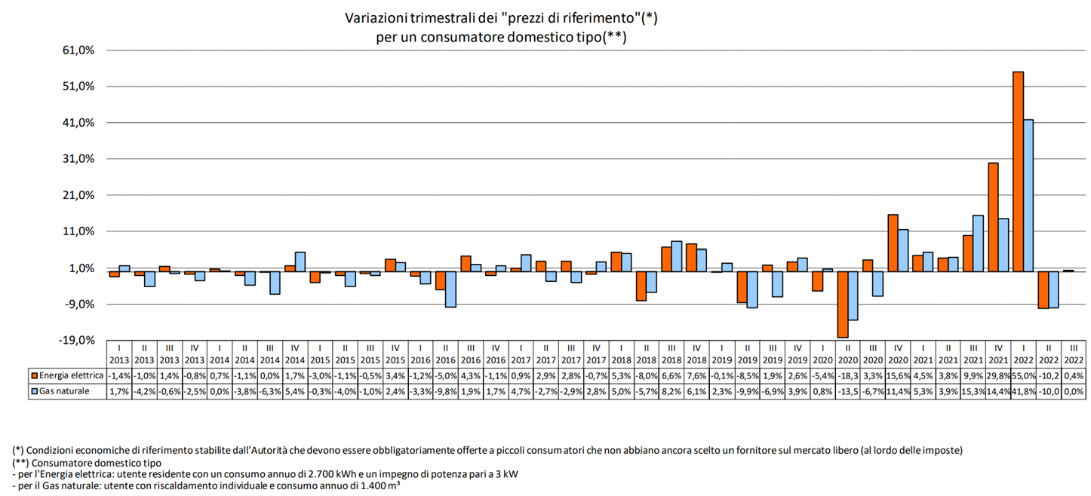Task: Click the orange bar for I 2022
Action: [x=1018, y=171]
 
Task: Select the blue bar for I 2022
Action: [x=1028, y=195]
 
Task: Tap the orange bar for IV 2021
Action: [x=993, y=217]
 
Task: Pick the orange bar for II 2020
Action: [x=842, y=304]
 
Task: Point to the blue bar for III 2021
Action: [x=978, y=243]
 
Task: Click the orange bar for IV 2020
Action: [x=893, y=243]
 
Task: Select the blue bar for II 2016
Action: [x=450, y=289]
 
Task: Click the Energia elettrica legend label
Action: [x=71, y=375]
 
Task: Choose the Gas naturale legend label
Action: [x=63, y=391]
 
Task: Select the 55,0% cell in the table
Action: [x=1023, y=375]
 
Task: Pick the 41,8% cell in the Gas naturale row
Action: [x=1023, y=391]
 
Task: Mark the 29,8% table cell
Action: [x=998, y=375]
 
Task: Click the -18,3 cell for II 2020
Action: [x=847, y=375]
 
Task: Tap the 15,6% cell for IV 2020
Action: [x=898, y=375]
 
